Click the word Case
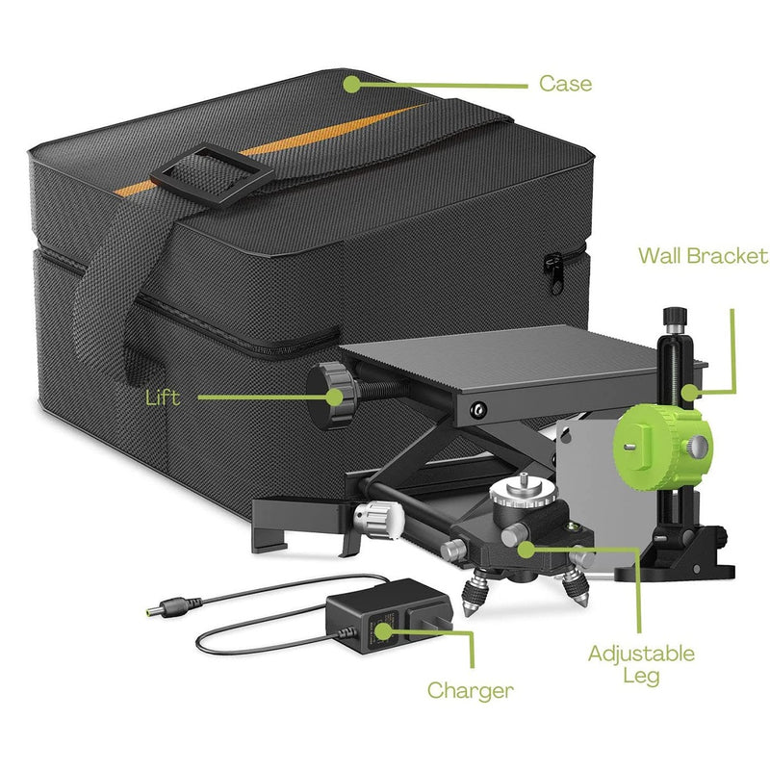point(565,84)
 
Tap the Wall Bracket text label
point(703,256)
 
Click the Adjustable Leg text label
point(641,664)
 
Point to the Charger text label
point(470,689)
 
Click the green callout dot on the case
point(351,84)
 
